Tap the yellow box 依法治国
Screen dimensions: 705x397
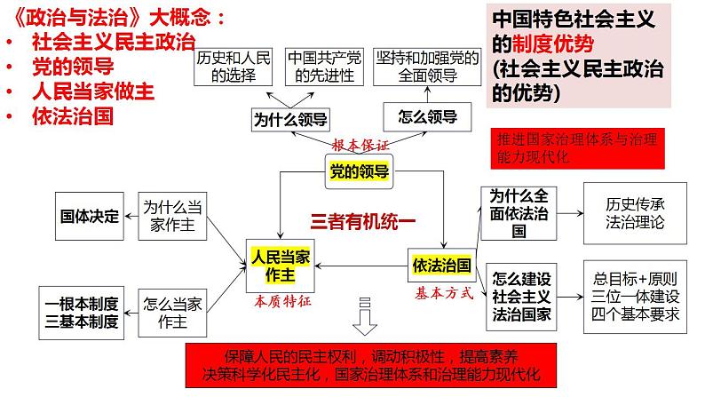(x=439, y=265)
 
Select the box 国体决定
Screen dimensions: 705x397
(x=89, y=215)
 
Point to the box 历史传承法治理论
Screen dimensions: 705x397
(x=627, y=215)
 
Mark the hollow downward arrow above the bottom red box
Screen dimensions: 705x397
(x=363, y=315)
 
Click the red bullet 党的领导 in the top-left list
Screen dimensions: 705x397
(x=69, y=66)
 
